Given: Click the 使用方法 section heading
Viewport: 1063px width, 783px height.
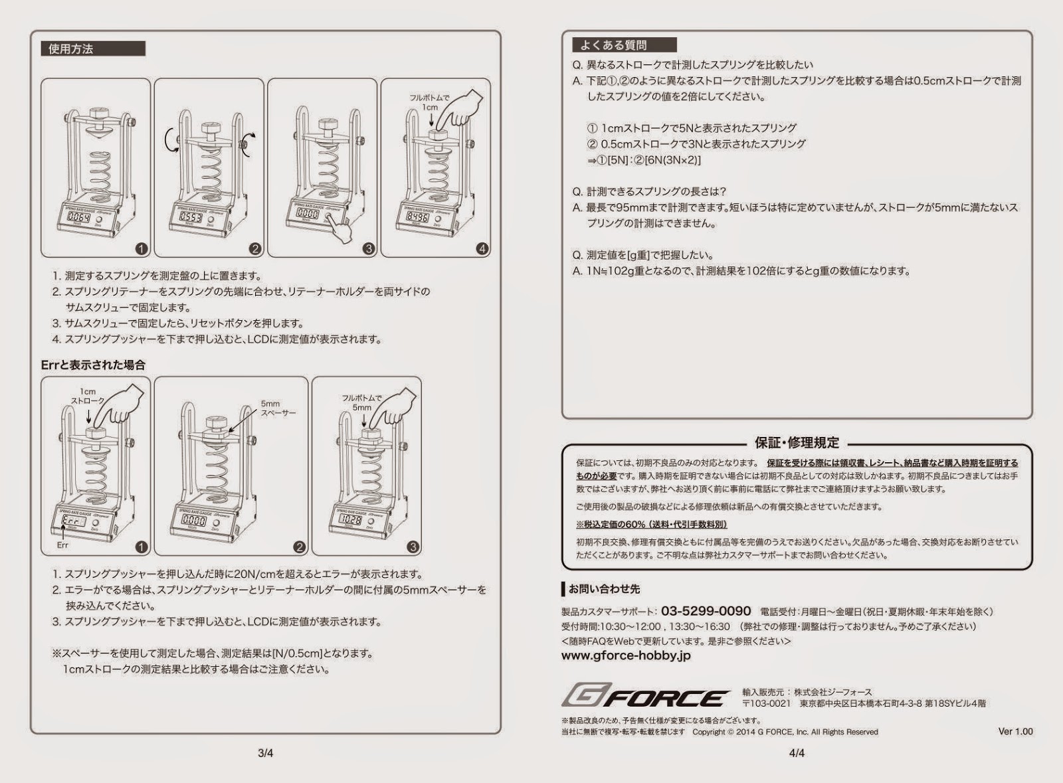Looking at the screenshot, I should click(71, 49).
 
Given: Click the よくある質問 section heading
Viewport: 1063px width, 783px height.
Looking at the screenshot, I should click(613, 45).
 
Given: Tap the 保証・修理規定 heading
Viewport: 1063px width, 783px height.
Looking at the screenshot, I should click(797, 443).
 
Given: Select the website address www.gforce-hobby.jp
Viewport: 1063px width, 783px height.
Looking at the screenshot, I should click(626, 655).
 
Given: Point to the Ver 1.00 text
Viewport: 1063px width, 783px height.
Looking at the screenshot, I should click(1015, 731).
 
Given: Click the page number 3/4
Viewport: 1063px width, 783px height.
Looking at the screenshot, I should click(265, 753).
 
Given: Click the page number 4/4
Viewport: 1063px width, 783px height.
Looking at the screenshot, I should click(797, 753).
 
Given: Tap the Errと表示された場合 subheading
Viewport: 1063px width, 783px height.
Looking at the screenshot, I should click(93, 365).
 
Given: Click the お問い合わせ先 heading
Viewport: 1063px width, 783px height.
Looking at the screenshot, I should click(605, 589).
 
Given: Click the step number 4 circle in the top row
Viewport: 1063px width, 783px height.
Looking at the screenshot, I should click(482, 249).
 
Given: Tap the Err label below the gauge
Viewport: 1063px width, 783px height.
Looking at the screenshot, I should click(62, 545).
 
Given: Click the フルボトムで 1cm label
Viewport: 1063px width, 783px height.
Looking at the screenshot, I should click(430, 102).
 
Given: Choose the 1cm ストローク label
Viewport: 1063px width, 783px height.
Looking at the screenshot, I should click(88, 396).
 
